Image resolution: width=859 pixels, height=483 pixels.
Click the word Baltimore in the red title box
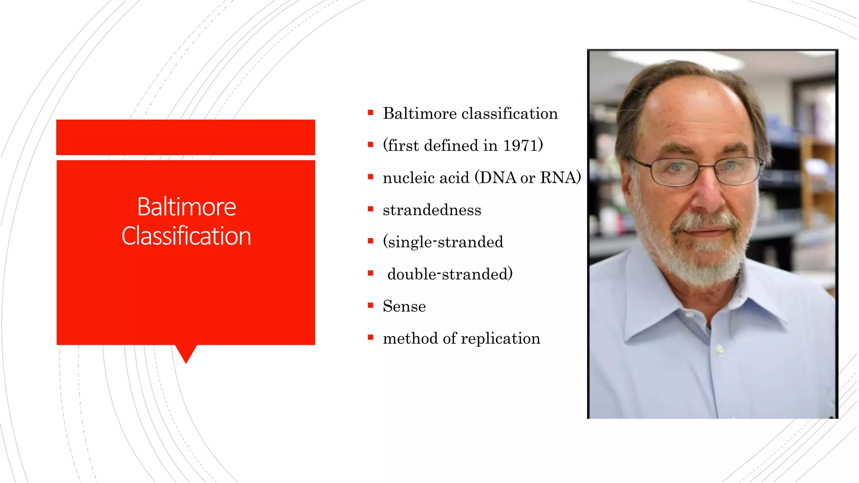tap(187, 207)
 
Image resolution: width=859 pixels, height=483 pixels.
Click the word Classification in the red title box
tap(186, 236)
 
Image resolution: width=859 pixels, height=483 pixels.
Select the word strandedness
tap(432, 210)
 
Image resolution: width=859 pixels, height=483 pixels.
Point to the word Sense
tap(404, 306)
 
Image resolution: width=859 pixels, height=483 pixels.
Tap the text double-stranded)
tap(450, 274)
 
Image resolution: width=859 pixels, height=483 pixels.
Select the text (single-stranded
tap(443, 242)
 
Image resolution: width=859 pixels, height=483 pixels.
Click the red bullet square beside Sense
tap(370, 305)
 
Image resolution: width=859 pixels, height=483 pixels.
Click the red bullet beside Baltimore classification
tap(370, 112)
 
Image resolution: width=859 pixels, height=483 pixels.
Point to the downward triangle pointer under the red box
tap(186, 353)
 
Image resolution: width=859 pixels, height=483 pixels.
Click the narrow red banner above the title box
tap(185, 137)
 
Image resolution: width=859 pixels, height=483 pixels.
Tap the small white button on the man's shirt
tap(720, 349)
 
